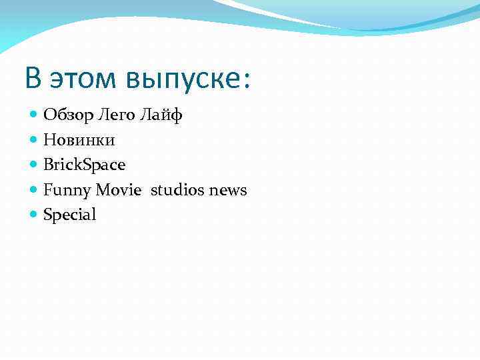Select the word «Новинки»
click(x=79, y=140)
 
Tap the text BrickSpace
click(x=84, y=165)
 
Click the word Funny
click(x=67, y=191)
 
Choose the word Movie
click(x=118, y=190)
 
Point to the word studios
click(x=177, y=190)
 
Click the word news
click(x=227, y=191)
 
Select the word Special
click(x=69, y=215)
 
